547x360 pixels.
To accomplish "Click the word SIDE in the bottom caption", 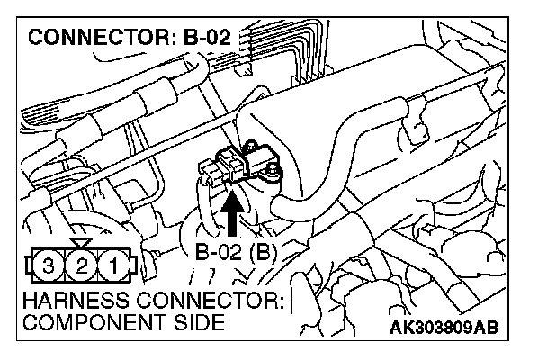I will tap(197, 322).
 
